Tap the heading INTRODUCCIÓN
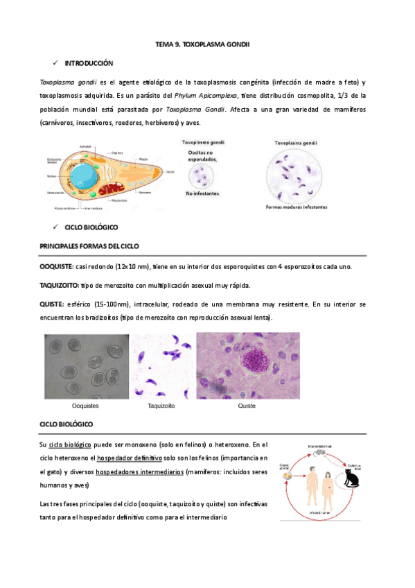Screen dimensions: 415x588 coord(88,62)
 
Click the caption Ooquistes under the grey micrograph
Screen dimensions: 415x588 coord(85,405)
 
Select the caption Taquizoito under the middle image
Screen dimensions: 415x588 coord(161,405)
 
